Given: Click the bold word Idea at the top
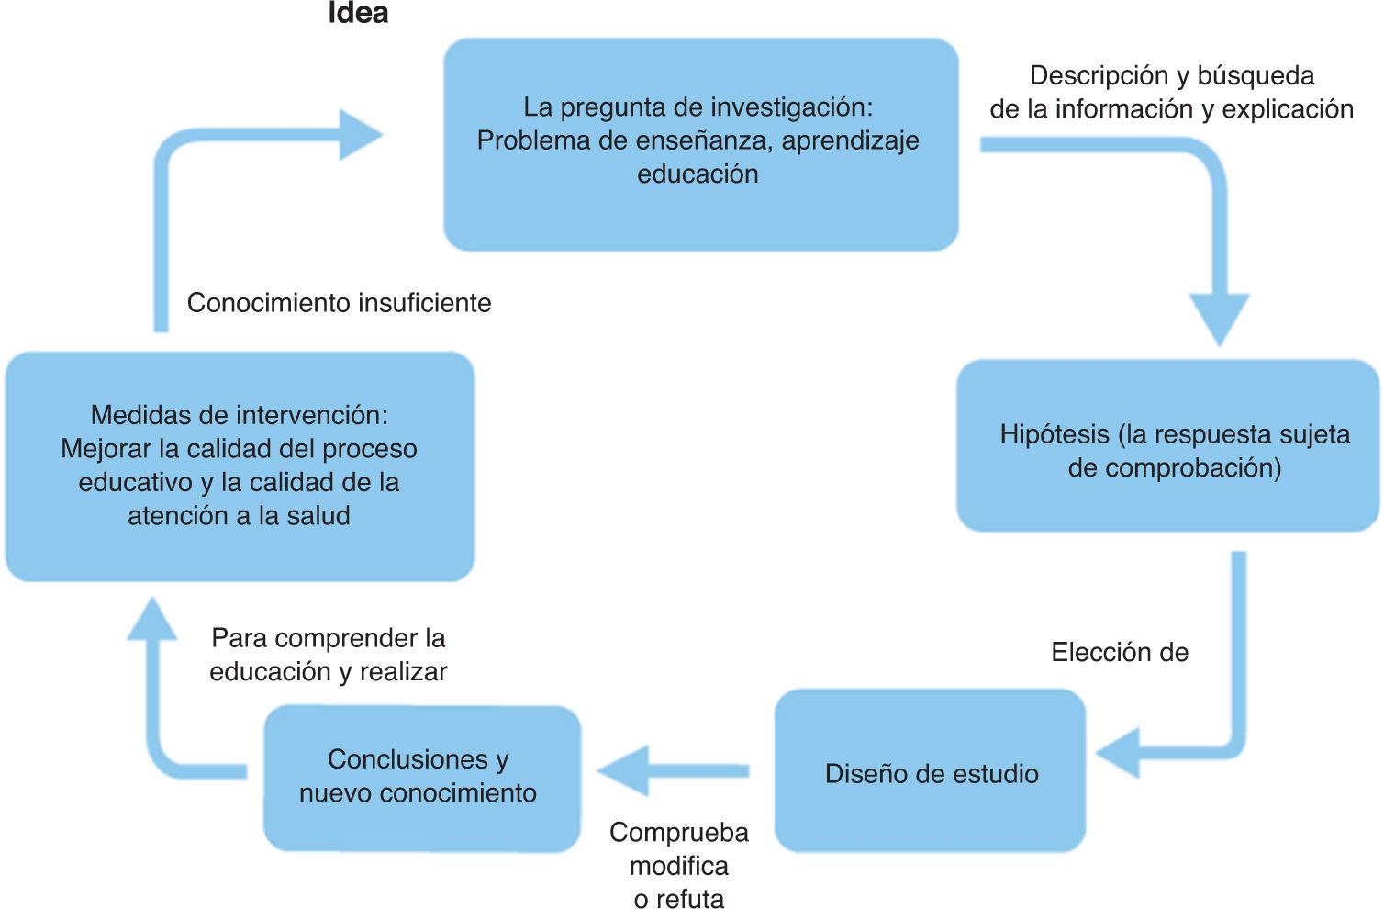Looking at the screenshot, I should pos(358,13).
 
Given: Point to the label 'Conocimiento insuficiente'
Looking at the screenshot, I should pos(339,303).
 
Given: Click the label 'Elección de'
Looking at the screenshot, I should pos(1120,653).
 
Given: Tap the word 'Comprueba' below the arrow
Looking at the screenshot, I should pos(679,833).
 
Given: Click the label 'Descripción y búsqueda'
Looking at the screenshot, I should pos(1172,75).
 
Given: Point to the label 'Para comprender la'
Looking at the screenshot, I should pos(328,638).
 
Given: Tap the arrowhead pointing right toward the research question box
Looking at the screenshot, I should pos(359,135).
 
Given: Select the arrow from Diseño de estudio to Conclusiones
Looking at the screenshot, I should pos(672,770).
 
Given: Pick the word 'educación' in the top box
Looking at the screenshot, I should pos(698,174).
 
